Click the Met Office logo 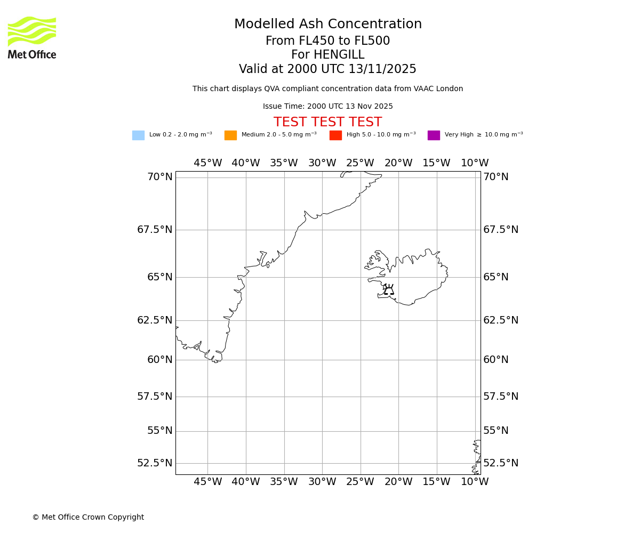pyautogui.click(x=32, y=37)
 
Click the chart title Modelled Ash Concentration pyautogui.click(x=328, y=25)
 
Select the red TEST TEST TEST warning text pyautogui.click(x=327, y=122)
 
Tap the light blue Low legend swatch pyautogui.click(x=138, y=135)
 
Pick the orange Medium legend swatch pyautogui.click(x=230, y=135)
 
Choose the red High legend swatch pyautogui.click(x=335, y=135)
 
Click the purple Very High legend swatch pyautogui.click(x=434, y=135)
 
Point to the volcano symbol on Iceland pyautogui.click(x=389, y=290)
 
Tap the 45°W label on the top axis pyautogui.click(x=207, y=163)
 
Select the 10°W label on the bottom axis pyautogui.click(x=475, y=482)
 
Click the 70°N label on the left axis pyautogui.click(x=160, y=177)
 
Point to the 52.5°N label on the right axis pyautogui.click(x=501, y=463)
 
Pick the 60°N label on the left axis pyautogui.click(x=160, y=360)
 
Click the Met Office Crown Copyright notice pyautogui.click(x=88, y=518)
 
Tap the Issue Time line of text pyautogui.click(x=327, y=107)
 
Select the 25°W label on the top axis pyautogui.click(x=360, y=163)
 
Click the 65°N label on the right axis pyautogui.click(x=496, y=277)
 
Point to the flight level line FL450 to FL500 pyautogui.click(x=327, y=41)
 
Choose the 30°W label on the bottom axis pyautogui.click(x=322, y=482)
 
